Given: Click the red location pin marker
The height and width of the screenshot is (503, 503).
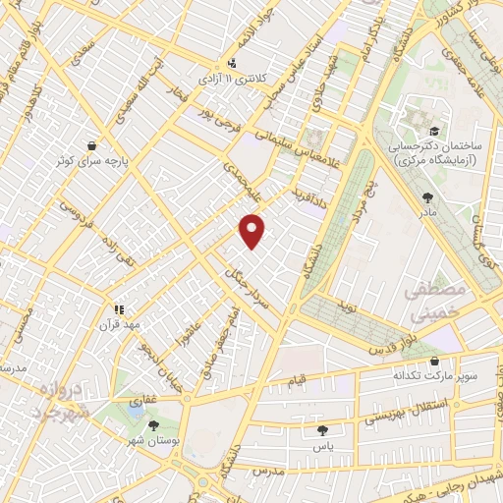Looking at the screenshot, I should (253, 229).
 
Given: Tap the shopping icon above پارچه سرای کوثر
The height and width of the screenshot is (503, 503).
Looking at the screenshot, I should (91, 143).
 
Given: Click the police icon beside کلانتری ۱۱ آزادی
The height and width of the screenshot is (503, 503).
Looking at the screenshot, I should (231, 58).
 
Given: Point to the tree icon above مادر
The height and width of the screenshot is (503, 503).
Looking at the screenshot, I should (426, 196).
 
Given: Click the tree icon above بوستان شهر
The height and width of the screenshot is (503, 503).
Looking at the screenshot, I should (154, 425).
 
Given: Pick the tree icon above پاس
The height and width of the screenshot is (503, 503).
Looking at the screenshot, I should (322, 429).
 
